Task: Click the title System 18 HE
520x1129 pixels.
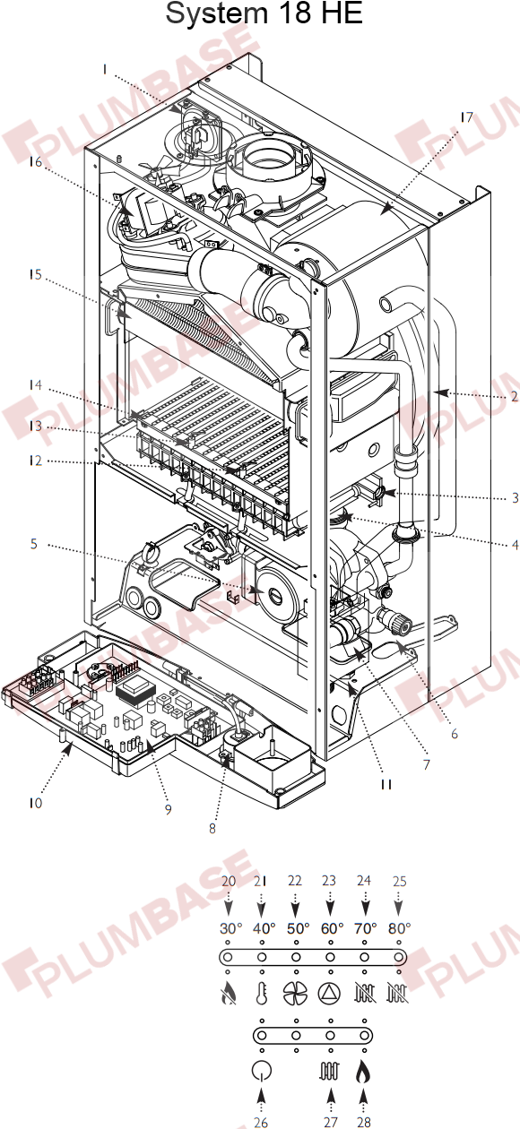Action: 264,13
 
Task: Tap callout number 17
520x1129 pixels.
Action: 467,117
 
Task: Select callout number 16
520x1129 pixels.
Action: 35,162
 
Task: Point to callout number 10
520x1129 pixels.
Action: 35,803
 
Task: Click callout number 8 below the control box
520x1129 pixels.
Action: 212,828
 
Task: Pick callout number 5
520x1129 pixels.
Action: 34,544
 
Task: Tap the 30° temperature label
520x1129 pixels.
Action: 231,928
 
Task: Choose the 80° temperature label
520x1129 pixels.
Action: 400,928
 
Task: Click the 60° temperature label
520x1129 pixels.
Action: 332,928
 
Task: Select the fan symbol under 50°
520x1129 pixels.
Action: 295,994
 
